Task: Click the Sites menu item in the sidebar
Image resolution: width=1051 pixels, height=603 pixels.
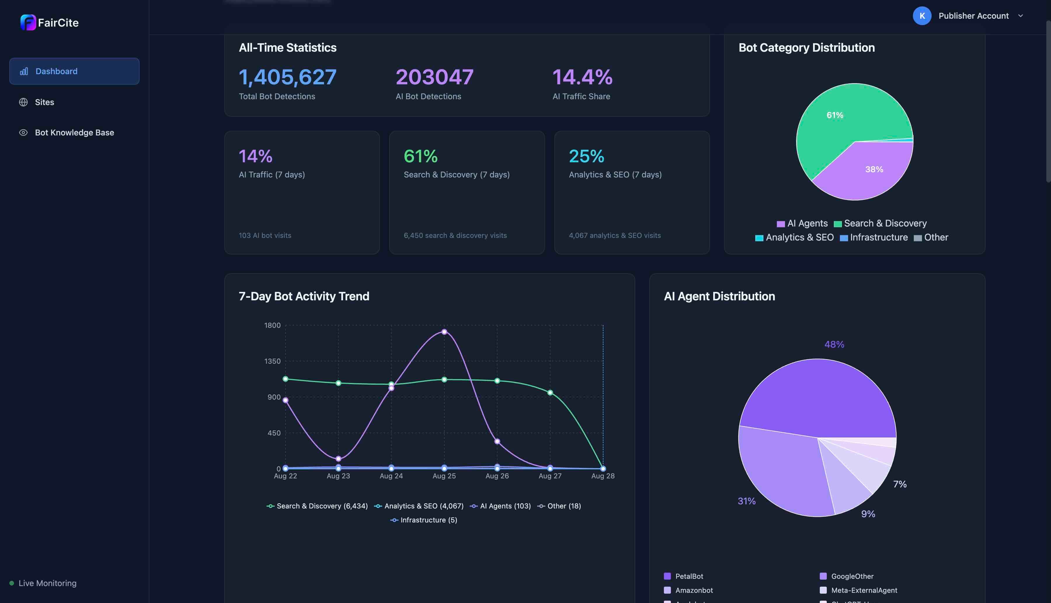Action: coord(44,102)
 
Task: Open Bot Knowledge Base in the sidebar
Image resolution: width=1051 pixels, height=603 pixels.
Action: coord(74,133)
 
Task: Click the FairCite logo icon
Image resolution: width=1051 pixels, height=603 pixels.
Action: coord(28,22)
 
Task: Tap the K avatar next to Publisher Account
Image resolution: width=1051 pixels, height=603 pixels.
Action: coord(922,16)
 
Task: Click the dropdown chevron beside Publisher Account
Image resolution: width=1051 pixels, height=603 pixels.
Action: coord(1020,16)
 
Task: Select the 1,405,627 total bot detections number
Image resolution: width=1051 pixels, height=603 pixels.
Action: coord(288,77)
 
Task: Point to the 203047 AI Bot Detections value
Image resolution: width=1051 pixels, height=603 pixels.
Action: coord(434,77)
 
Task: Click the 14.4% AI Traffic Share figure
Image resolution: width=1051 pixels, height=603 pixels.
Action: coord(582,77)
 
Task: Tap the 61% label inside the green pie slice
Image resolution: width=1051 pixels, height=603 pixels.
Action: coord(835,115)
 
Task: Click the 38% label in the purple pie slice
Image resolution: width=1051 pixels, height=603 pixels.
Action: coord(874,169)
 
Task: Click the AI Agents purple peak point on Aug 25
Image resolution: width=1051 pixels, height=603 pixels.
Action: coord(444,332)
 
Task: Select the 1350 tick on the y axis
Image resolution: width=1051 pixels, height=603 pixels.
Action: coord(272,361)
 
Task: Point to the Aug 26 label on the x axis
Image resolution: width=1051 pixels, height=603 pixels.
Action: coord(497,476)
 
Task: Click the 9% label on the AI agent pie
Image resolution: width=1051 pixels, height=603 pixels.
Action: coord(868,514)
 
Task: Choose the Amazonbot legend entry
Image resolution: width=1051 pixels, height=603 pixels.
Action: coord(693,590)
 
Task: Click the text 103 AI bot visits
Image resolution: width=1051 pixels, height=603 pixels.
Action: coord(265,235)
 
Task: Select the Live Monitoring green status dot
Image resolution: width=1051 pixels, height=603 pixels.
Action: coord(12,583)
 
